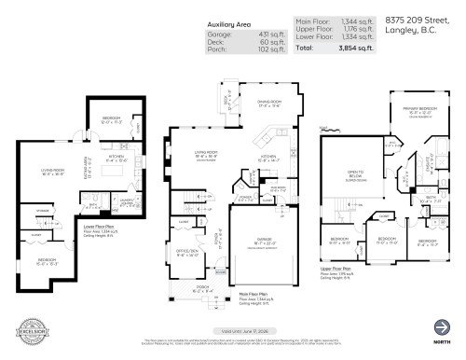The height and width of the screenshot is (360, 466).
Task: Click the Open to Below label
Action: tap(353, 174)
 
